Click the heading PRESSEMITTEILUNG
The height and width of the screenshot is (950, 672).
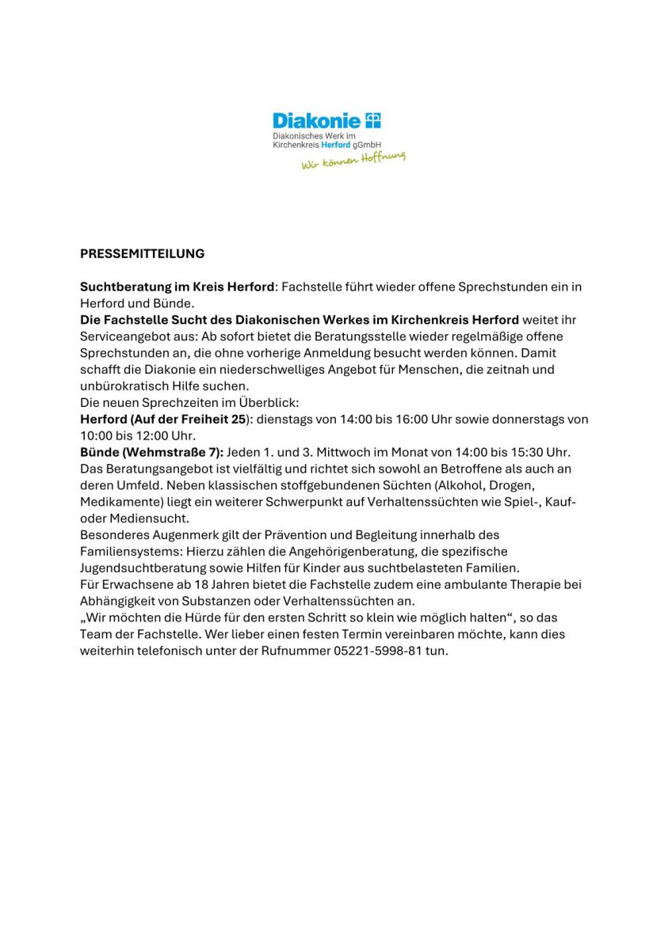(x=142, y=254)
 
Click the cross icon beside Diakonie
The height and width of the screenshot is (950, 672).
(x=373, y=120)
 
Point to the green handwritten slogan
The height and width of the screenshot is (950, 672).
(x=353, y=161)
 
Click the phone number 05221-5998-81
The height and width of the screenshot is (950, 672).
(x=379, y=651)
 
